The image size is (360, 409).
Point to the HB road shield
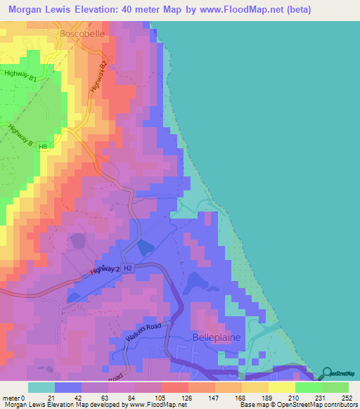coord(44,146)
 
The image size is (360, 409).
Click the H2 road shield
coord(128,268)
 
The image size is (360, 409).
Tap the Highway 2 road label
coord(105,270)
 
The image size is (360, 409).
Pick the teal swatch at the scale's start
coord(41,387)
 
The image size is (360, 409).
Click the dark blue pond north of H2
coord(146,247)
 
